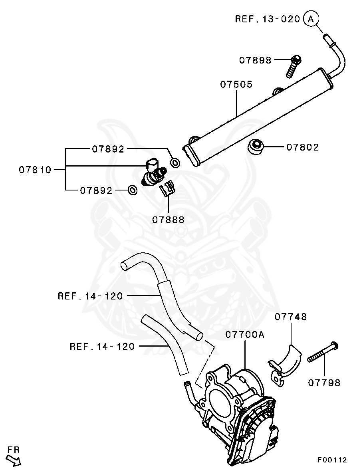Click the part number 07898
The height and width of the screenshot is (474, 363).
coord(255,60)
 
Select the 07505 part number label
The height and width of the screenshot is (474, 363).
coord(236,85)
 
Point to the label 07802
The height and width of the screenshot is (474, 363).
coord(303,147)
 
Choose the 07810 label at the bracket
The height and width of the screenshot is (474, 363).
coord(35,170)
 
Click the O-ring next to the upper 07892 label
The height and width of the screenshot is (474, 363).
coord(175,163)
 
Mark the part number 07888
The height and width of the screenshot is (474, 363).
coord(168,220)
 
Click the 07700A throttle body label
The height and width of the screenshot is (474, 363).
coord(245,334)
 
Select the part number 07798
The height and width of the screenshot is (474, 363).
coord(324,383)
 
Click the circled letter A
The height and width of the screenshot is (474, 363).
coord(311,18)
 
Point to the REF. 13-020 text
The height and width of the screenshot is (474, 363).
coord(267,19)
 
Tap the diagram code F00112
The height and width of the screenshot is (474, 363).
coord(332,460)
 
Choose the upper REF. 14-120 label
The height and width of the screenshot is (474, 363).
coord(90,296)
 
